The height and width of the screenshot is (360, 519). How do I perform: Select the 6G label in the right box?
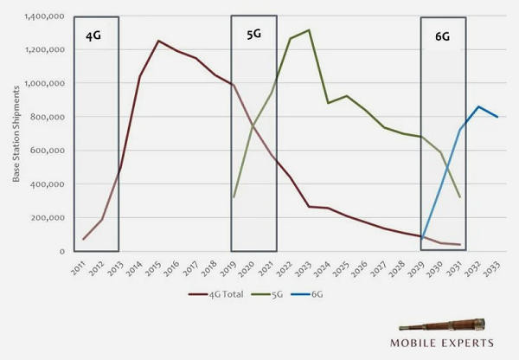[443, 38]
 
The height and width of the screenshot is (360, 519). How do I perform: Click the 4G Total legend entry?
[221, 294]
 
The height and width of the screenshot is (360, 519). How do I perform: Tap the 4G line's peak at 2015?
[158, 41]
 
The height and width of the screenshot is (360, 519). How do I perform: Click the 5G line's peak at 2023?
[309, 30]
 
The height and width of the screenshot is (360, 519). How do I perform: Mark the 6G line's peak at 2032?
[478, 106]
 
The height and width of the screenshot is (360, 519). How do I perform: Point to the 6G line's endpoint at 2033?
[497, 117]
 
